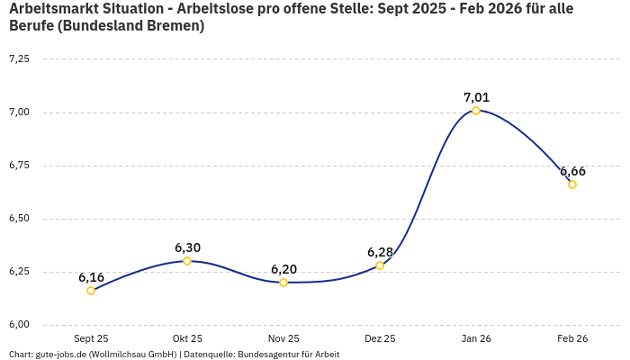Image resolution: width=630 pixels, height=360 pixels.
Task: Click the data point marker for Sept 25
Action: (91, 291)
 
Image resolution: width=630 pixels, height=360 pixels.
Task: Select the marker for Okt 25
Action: (187, 261)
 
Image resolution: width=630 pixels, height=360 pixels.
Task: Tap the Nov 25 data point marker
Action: (283, 283)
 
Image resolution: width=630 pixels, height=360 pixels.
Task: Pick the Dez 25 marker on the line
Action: (380, 265)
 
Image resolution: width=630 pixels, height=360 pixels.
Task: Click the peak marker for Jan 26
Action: (476, 111)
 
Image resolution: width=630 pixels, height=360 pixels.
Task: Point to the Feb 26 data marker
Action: (572, 184)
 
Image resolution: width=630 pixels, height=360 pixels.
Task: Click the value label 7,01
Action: (476, 97)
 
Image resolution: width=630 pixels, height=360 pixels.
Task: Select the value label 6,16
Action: (91, 277)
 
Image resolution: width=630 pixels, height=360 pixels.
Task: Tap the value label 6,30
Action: (187, 247)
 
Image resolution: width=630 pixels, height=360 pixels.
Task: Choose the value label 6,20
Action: (283, 269)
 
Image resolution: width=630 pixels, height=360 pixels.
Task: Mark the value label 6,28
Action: (380, 252)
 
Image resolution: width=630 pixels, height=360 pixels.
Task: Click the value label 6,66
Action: (572, 171)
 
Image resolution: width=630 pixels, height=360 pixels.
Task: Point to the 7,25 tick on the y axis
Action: (19, 58)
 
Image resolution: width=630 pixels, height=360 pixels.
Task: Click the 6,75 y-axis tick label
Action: (19, 166)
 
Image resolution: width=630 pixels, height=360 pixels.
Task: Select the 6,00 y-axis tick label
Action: (19, 325)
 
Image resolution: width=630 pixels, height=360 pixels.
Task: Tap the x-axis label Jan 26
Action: (476, 339)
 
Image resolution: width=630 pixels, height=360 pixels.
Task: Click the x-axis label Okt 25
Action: (187, 339)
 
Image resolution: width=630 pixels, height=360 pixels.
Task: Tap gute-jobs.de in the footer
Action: (60, 355)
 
